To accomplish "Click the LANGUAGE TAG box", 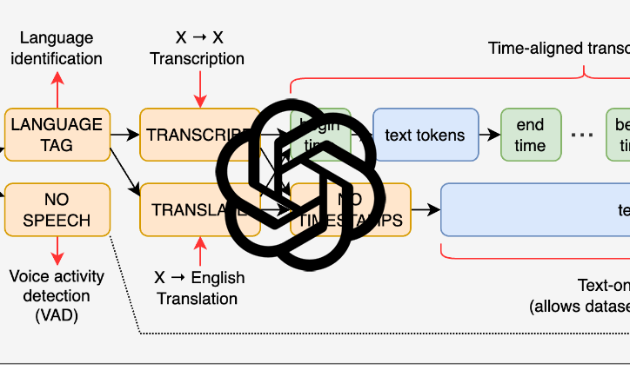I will click(57, 135).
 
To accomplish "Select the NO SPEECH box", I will click(57, 209).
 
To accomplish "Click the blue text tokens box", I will click(425, 135).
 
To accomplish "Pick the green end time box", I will click(529, 135).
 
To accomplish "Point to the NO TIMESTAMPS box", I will click(365, 209).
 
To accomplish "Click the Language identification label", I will click(57, 49).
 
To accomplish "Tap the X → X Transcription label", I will click(198, 49).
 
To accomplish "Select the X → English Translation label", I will click(199, 288).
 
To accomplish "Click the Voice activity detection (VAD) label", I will click(57, 295).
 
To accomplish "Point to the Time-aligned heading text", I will click(557, 48).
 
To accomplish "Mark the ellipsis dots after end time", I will click(581, 135).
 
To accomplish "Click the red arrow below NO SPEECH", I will click(58, 252).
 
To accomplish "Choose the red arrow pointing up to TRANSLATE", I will click(201, 252).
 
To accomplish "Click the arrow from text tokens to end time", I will click(489, 135).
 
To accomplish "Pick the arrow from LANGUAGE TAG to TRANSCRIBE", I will click(124, 135).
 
